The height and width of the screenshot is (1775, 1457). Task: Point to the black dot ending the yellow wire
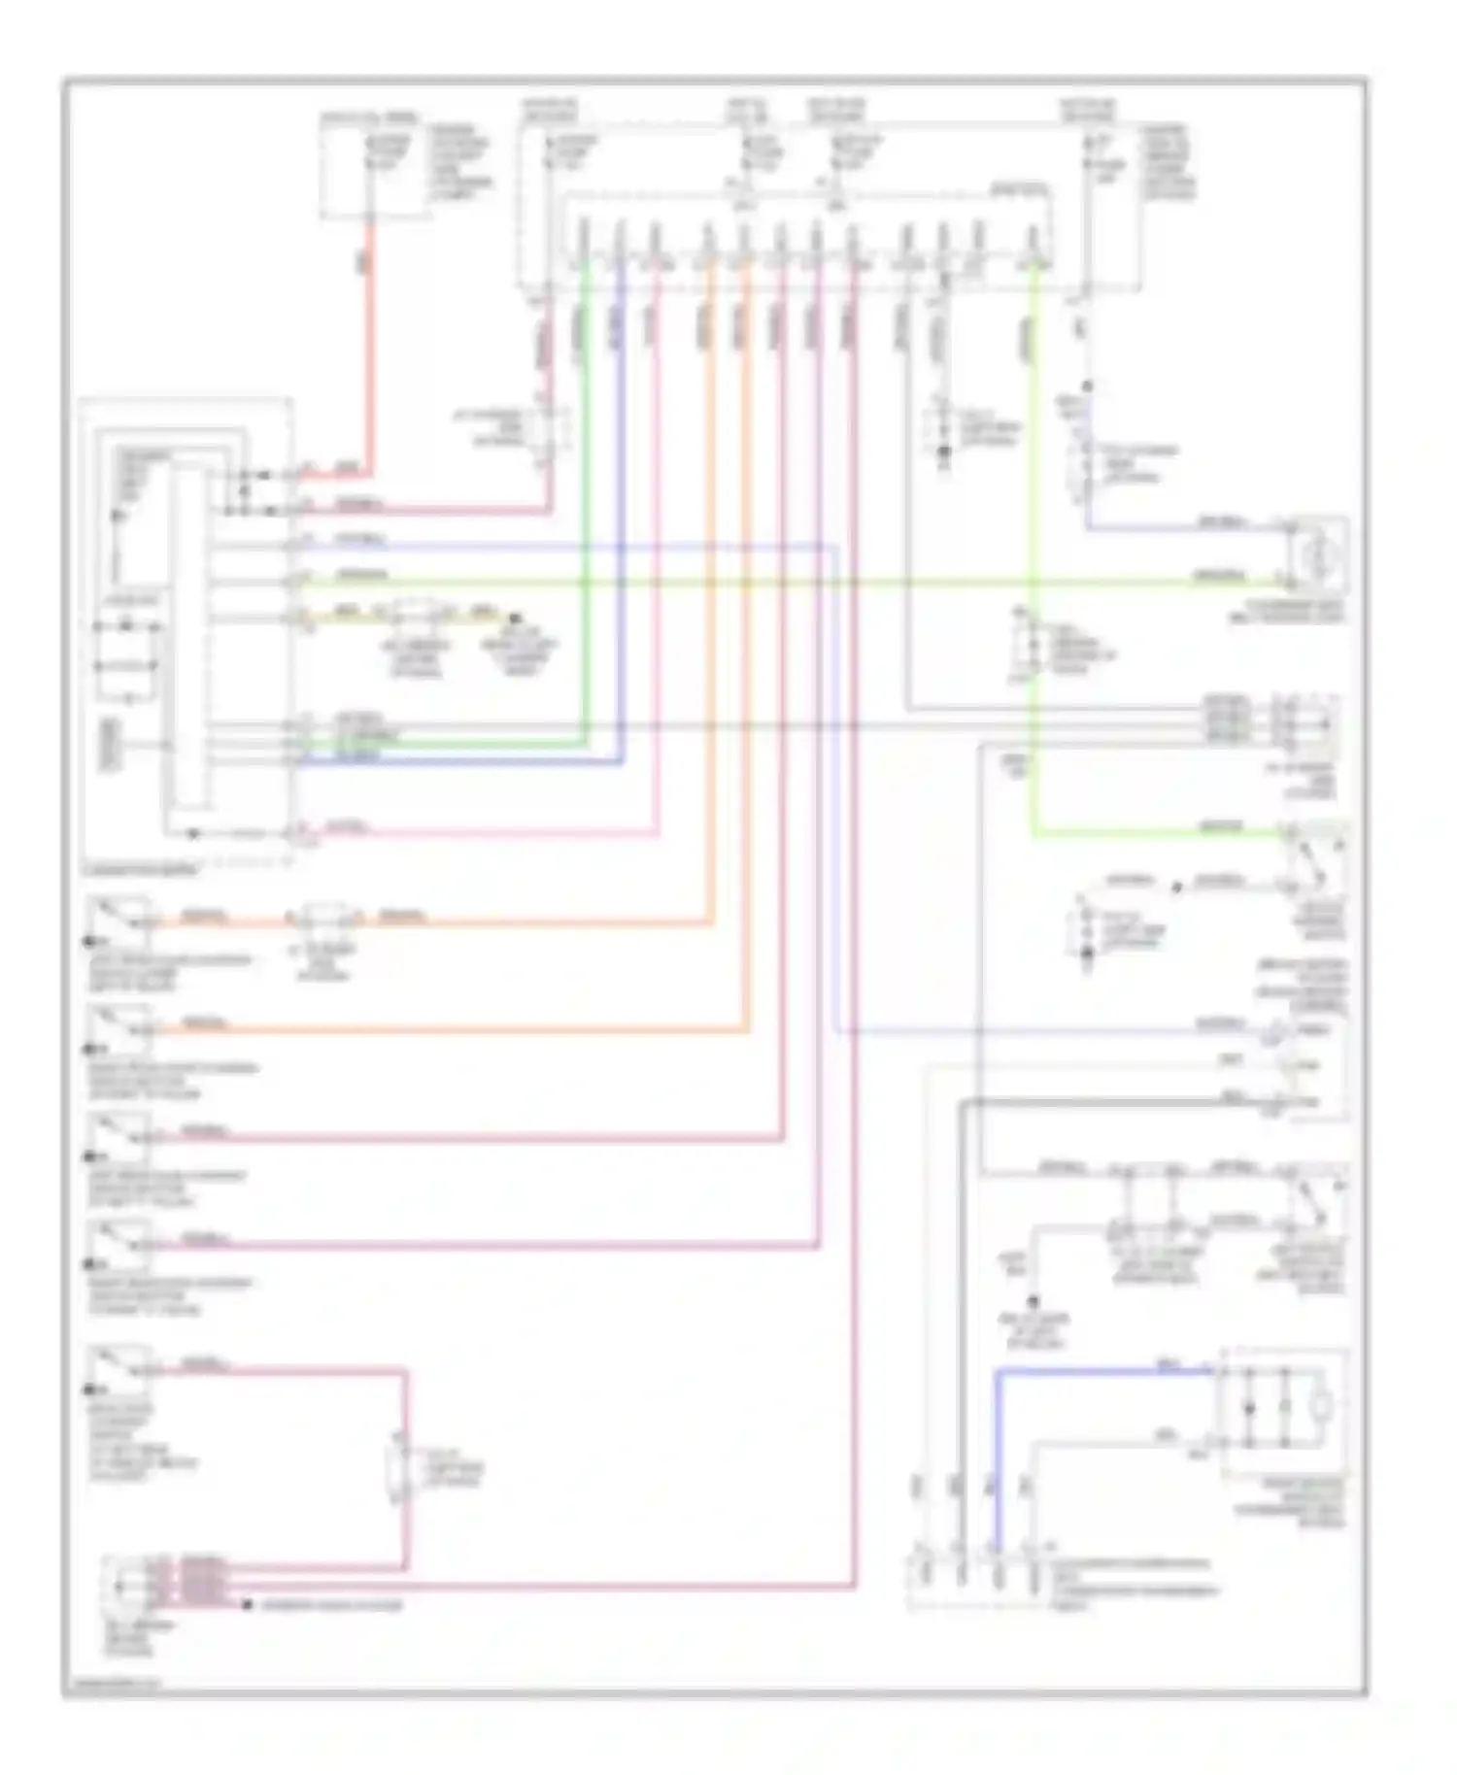click(516, 619)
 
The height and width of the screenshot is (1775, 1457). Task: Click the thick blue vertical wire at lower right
click(996, 1457)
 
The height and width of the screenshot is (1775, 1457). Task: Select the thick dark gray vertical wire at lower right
click(960, 1359)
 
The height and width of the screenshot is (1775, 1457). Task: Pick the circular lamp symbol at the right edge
click(1319, 556)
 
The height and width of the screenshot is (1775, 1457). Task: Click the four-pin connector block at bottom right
click(976, 1581)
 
